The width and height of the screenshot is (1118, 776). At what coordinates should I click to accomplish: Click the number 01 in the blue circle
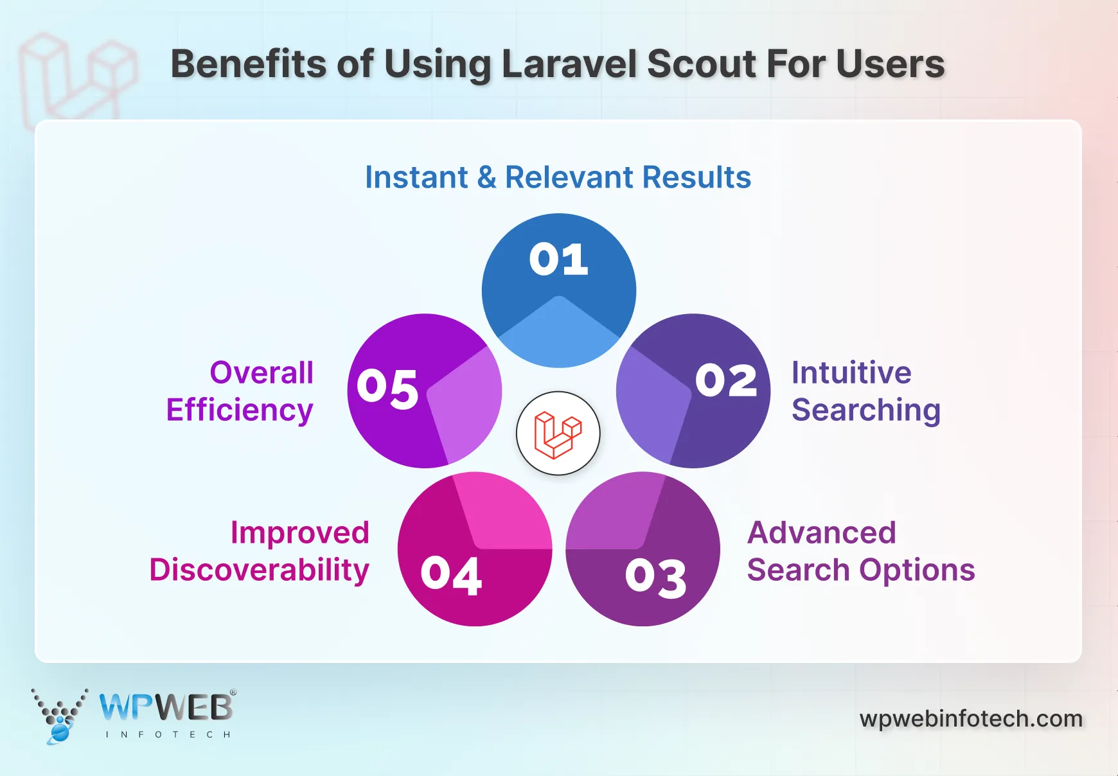558,260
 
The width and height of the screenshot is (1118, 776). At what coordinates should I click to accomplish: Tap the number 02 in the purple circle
726,380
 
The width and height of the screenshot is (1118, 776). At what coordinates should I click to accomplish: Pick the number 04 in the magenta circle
451,575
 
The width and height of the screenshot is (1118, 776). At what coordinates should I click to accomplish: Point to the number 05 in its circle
387,389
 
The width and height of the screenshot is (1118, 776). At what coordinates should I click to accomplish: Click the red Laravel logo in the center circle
558,434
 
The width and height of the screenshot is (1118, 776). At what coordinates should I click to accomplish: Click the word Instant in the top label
416,177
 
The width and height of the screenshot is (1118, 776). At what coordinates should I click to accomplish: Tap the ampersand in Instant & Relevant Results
486,177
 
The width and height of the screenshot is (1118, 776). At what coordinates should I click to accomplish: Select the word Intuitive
851,373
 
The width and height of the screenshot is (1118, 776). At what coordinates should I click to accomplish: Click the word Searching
866,410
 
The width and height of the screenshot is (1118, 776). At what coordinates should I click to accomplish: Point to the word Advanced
821,533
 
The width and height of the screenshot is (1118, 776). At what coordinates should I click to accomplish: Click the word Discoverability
259,570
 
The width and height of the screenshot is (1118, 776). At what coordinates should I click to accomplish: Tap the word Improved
299,533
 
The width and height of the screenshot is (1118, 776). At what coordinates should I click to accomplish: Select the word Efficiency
239,410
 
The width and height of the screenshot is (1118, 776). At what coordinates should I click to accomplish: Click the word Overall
262,373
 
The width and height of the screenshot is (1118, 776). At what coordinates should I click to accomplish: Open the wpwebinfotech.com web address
971,718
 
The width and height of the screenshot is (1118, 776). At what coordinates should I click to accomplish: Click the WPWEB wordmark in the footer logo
166,708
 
